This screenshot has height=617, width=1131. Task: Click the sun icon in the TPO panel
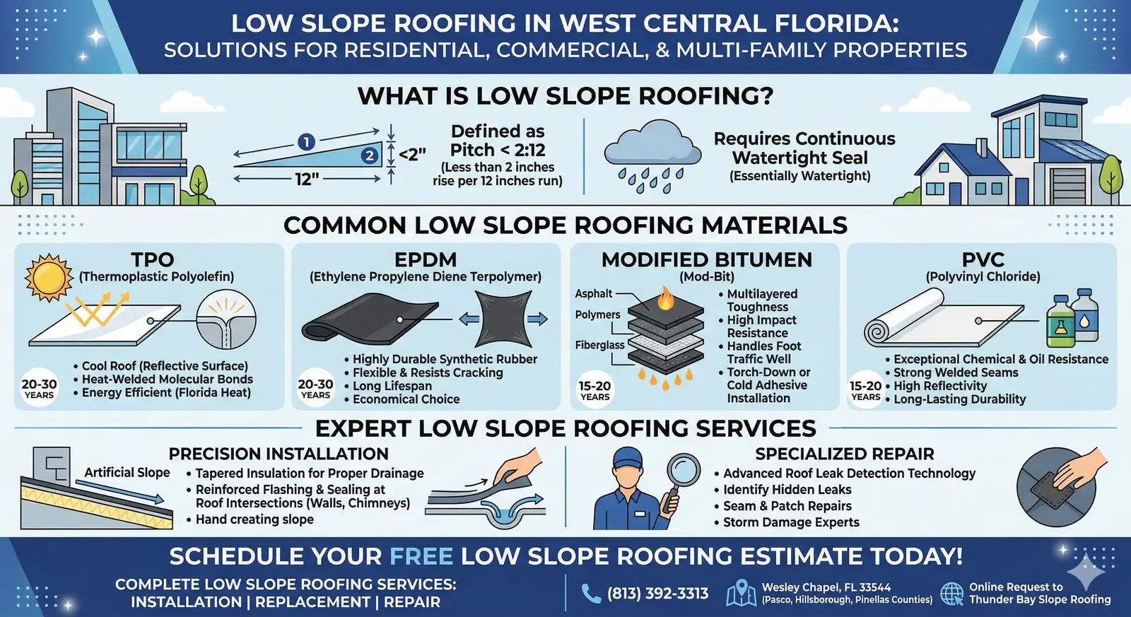point(49,278)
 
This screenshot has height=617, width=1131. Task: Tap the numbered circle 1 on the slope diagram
point(307,142)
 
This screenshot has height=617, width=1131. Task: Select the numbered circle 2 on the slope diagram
point(370,155)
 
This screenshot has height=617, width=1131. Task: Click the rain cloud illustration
point(652,156)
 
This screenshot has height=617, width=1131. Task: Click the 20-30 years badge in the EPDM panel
point(315,388)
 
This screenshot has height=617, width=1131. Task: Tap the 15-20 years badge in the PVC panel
point(865,390)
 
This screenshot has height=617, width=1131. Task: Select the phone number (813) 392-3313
point(657,593)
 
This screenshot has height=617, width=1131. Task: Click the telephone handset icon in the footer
point(591,593)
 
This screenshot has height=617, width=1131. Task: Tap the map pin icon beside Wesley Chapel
point(741,592)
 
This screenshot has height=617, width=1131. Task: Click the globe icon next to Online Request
point(952,593)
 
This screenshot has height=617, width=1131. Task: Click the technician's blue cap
point(628,458)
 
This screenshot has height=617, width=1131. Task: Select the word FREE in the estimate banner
point(421,556)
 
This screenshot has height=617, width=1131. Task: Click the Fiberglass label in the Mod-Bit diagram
point(600,345)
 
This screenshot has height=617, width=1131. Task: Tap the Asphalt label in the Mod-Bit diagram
point(594,293)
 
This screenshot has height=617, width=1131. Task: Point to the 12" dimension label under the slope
point(307,179)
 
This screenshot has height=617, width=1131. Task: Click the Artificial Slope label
point(127,473)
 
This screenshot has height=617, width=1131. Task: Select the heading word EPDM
point(426,259)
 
